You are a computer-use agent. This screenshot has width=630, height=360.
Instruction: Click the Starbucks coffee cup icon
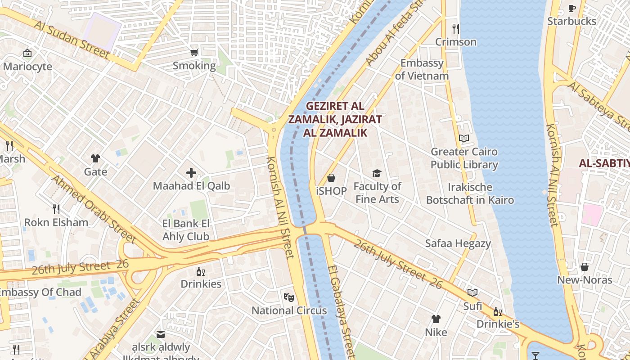click(572, 8)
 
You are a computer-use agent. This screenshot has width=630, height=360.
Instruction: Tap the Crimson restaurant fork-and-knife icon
click(456, 29)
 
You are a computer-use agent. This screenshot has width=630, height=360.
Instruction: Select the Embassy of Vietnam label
click(422, 69)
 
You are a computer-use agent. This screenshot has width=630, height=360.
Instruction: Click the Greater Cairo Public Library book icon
click(464, 139)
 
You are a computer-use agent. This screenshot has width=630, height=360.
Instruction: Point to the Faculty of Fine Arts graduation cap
click(377, 173)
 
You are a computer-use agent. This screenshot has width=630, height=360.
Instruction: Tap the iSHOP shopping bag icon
click(331, 178)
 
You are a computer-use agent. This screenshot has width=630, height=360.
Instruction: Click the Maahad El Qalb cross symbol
click(191, 172)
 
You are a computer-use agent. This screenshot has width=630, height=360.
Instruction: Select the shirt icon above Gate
click(95, 158)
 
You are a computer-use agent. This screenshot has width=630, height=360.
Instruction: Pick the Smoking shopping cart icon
click(194, 53)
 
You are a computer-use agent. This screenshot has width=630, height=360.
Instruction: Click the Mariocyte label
click(27, 67)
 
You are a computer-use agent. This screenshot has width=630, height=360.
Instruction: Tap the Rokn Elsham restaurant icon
click(56, 209)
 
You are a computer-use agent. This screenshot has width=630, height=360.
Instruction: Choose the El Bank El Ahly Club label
click(186, 230)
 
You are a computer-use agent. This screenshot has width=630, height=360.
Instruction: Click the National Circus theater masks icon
click(289, 297)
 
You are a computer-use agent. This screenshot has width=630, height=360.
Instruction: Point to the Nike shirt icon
click(436, 319)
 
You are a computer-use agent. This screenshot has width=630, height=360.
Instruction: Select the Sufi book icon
click(472, 293)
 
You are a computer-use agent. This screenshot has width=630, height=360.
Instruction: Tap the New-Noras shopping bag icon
click(585, 267)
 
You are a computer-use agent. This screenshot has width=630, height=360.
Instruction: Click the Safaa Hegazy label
click(458, 243)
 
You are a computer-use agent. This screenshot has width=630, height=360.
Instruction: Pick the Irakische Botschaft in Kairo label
click(470, 193)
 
